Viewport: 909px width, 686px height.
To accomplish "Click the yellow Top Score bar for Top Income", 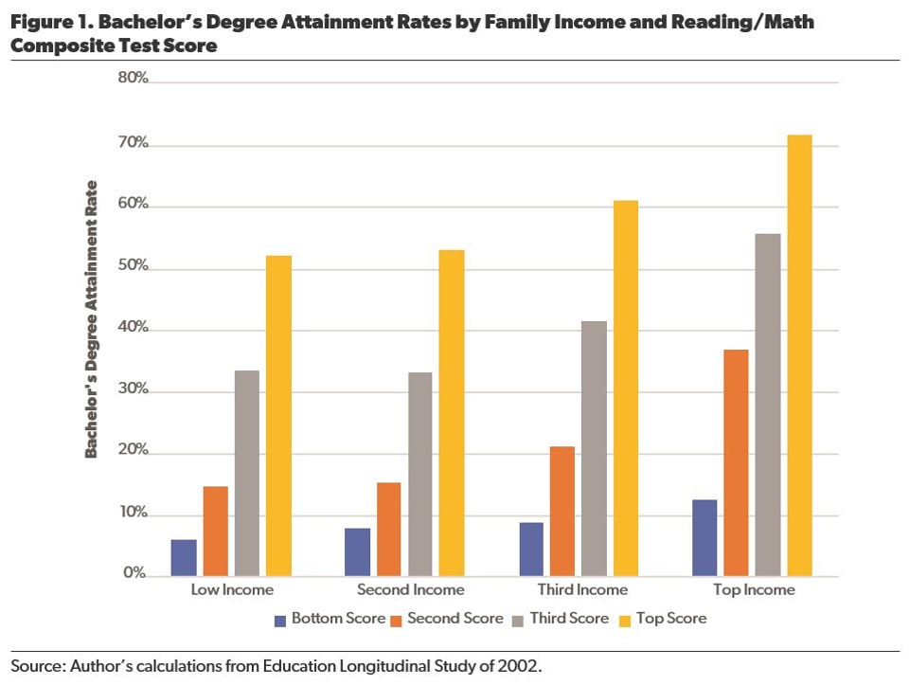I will tap(799, 355).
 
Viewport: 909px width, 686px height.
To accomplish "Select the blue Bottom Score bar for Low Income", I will tap(184, 557).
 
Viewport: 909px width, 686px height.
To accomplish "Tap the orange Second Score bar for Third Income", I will tap(562, 511).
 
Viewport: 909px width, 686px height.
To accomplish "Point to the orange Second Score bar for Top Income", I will tap(736, 462).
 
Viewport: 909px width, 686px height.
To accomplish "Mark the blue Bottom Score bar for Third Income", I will tap(531, 549).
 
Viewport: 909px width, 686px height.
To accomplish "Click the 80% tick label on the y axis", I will tap(133, 79).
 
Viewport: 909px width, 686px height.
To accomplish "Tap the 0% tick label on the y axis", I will tap(136, 574).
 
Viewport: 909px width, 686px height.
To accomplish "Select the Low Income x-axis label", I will tap(232, 590).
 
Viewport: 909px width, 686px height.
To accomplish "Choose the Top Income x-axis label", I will tap(755, 590).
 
